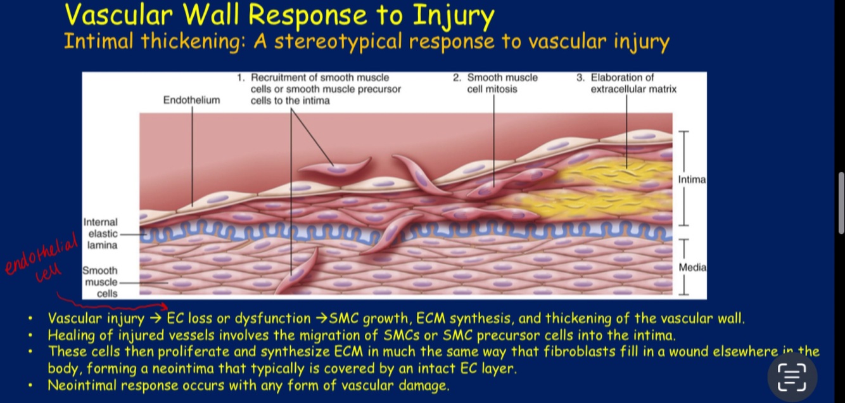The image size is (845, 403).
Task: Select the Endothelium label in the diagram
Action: [191, 100]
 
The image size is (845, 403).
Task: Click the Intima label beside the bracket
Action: [692, 180]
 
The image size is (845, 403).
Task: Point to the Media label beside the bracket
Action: [692, 267]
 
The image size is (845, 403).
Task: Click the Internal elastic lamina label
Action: [101, 233]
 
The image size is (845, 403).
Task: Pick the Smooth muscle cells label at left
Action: [101, 282]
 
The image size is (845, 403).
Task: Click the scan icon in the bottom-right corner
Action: [792, 377]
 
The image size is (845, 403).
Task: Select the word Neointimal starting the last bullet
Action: [82, 385]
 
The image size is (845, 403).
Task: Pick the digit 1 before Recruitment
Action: [240, 78]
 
